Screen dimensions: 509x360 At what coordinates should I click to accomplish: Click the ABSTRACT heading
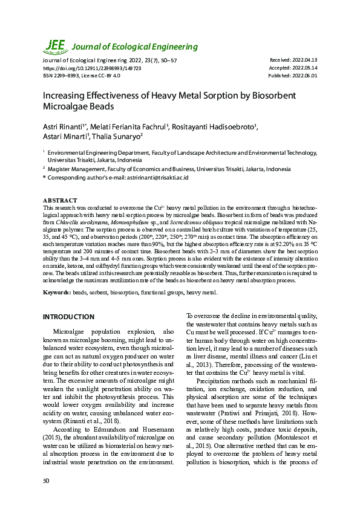click(x=60, y=200)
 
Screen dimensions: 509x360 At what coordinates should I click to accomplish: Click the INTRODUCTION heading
click(x=68, y=317)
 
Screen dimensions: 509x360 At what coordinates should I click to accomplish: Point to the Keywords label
click(x=56, y=293)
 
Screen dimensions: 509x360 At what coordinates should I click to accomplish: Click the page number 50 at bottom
click(x=46, y=481)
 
